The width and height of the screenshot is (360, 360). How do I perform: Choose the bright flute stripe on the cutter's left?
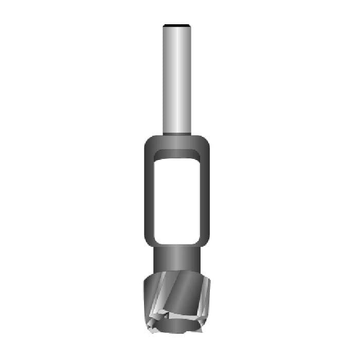159,296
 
